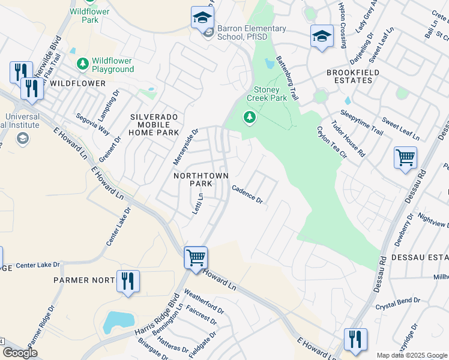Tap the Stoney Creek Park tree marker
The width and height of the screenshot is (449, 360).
coord(250,118)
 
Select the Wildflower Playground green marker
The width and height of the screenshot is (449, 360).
coord(82,63)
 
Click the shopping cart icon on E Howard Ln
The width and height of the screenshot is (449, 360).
coord(196,258)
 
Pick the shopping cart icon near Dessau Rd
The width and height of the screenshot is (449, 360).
coord(406,158)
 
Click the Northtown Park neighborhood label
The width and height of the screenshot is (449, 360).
coord(193,179)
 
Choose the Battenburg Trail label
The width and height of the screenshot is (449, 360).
coord(288,79)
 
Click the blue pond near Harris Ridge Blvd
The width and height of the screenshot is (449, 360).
coord(116,322)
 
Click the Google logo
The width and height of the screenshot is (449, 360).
coord(19,353)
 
